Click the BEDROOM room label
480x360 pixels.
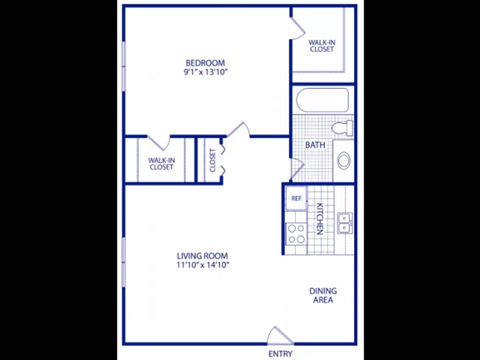pyautogui.click(x=205, y=63)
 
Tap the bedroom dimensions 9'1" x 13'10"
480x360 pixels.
pyautogui.click(x=205, y=72)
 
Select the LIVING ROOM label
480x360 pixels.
pyautogui.click(x=202, y=256)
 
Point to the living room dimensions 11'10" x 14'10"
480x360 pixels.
pyautogui.click(x=203, y=265)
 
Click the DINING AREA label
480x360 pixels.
pyautogui.click(x=323, y=295)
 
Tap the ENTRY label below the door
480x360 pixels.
pyautogui.click(x=280, y=354)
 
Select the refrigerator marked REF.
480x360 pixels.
pyautogui.click(x=296, y=199)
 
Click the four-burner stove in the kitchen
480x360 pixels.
pyautogui.click(x=296, y=234)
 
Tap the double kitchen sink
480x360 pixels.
pyautogui.click(x=344, y=223)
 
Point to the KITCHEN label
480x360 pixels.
pyautogui.click(x=319, y=219)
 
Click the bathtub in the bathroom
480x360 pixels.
pyautogui.click(x=322, y=100)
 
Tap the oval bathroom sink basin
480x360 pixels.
pyautogui.click(x=344, y=160)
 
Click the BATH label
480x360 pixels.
pyautogui.click(x=315, y=145)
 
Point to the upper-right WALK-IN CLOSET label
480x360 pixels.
pyautogui.click(x=322, y=46)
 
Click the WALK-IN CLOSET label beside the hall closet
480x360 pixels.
pyautogui.click(x=161, y=164)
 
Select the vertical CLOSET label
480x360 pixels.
pyautogui.click(x=212, y=160)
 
